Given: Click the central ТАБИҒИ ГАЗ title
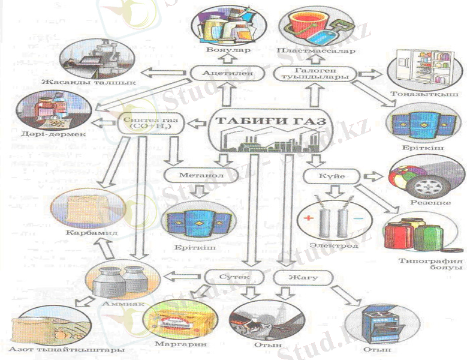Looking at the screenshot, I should tap(270, 122).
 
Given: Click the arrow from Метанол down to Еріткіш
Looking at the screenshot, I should tap(198, 191).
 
